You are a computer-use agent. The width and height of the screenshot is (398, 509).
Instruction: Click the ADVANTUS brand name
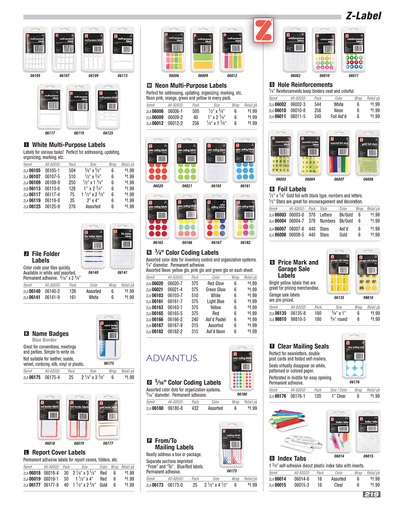pos(172,358)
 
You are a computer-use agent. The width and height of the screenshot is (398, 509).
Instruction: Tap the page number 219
pos(371,494)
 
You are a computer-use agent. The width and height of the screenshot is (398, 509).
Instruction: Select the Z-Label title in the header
pos(363,16)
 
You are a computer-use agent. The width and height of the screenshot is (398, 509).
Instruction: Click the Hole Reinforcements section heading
pos(305,85)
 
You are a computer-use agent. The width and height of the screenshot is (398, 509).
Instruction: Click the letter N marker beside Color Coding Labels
pos(149,253)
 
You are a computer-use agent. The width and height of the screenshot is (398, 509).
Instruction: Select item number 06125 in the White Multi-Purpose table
pos(35,207)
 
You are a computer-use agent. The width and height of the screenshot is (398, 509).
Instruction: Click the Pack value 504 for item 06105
pos(72,171)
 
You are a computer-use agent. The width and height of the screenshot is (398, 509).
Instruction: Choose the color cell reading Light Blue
pos(216,301)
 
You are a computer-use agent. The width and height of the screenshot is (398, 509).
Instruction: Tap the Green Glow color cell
pos(216,290)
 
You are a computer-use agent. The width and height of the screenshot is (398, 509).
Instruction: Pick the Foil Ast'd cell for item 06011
pos(338,116)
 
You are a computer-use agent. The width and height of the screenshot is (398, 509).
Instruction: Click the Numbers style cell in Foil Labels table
pos(327,221)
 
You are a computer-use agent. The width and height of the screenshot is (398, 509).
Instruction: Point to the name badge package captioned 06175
pos(109,338)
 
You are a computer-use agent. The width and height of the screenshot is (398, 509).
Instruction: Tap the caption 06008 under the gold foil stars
pos(368,179)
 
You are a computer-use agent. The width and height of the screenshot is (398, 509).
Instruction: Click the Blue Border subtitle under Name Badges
pos(45,340)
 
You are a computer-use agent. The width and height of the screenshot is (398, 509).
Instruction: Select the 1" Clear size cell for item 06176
pos(338,396)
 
